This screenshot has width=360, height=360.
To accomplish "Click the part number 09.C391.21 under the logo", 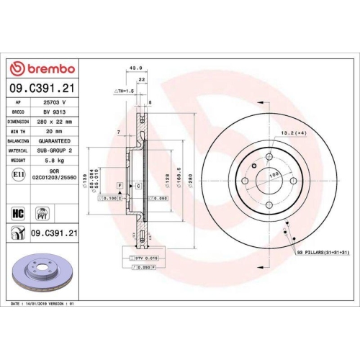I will coord(41,88).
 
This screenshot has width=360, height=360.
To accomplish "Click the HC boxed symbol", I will coord(18,213).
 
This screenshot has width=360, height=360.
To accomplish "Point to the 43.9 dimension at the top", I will coord(134,68).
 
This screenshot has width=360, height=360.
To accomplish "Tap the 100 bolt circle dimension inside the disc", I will coord(274,176).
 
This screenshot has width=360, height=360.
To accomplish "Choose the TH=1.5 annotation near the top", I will coord(123,92).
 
